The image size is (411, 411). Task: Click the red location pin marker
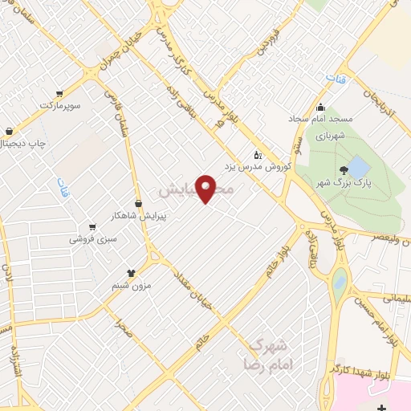coord(207,187)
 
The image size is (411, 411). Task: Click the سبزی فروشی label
coord(93,238)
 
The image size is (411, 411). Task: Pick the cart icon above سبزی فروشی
coord(93,226)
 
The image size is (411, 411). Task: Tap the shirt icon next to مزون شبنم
coord(131,273)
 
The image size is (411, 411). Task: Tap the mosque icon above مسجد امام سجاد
coord(321,108)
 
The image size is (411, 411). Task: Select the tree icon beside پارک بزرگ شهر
coord(344,169)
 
